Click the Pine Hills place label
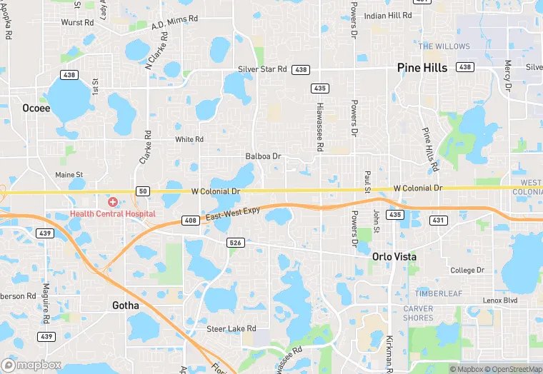coord(422,69)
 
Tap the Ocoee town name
coord(36,108)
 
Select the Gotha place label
coord(126,305)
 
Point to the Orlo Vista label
coord(394,256)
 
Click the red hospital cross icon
coord(113,203)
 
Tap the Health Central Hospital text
coord(112,214)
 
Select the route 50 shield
coord(143,191)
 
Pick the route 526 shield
coord(235,243)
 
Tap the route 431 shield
coord(438,221)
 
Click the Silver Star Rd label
coord(262,69)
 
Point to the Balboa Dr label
coord(264,156)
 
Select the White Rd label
coord(189,139)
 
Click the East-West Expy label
coord(231,213)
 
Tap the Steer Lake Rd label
coord(226,328)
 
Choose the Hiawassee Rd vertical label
coord(321,126)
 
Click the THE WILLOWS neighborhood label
coord(444,46)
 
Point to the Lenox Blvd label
coord(500,300)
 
